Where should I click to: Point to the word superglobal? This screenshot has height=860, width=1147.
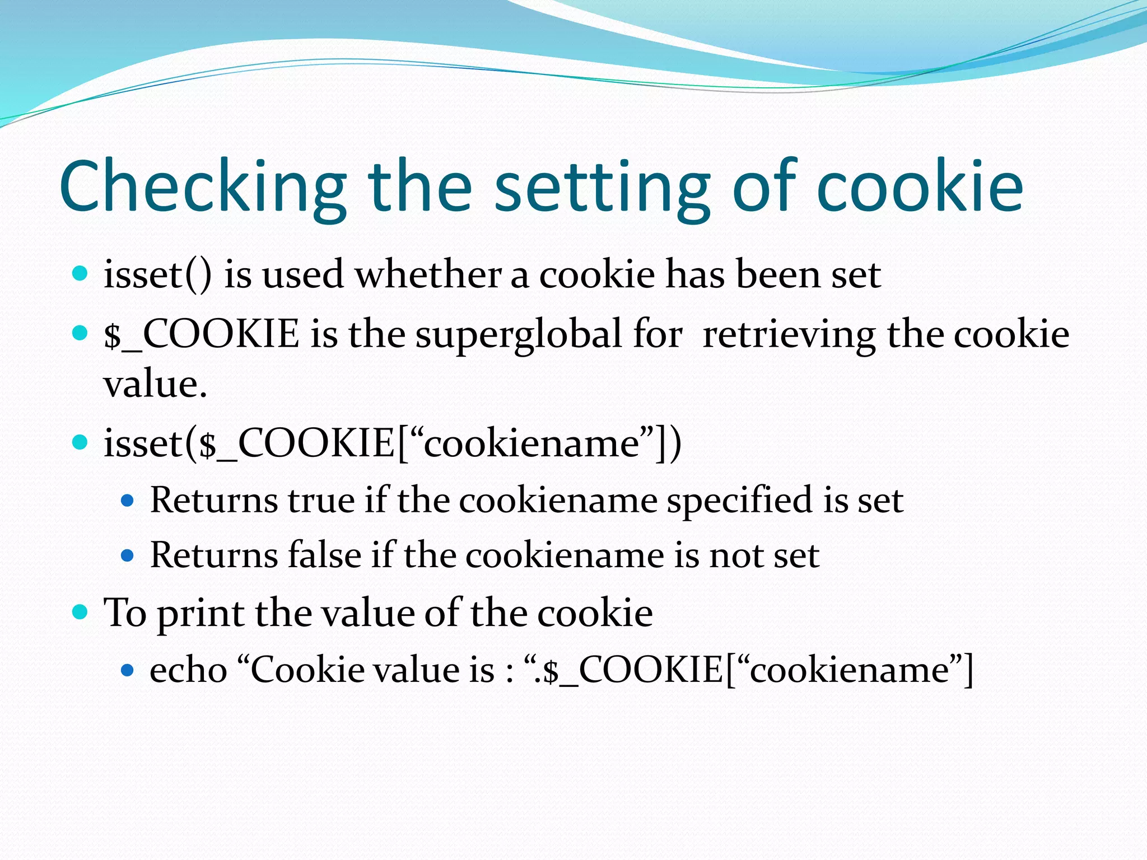(518, 335)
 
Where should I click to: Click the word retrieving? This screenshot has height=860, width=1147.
(789, 335)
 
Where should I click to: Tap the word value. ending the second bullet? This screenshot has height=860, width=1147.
(155, 385)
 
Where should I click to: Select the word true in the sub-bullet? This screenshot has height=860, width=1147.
(321, 500)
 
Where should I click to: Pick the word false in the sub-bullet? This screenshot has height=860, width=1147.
(324, 555)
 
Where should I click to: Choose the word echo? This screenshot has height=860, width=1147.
(188, 670)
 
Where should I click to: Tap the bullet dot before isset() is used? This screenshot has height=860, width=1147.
(81, 274)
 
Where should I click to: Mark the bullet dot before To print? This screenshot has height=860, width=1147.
(81, 611)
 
